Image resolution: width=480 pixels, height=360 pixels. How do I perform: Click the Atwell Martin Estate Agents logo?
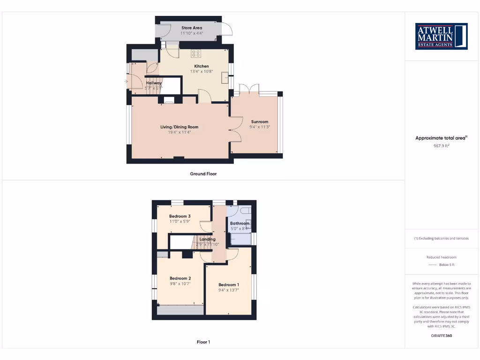(441, 36)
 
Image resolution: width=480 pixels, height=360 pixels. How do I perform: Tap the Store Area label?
(192, 28)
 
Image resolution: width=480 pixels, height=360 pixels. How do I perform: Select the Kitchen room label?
(202, 66)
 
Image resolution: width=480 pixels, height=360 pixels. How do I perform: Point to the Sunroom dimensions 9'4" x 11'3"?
(259, 127)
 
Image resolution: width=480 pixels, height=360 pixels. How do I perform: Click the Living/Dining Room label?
(180, 127)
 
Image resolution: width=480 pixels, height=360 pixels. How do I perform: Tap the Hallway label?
(154, 83)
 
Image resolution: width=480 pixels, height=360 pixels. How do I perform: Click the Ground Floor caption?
(203, 174)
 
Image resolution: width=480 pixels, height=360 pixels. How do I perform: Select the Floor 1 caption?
(203, 342)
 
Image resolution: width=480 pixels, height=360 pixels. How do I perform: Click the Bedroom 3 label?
(180, 216)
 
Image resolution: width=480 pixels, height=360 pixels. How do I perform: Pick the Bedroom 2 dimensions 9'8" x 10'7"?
(180, 284)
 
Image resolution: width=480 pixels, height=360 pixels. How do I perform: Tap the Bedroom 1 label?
(229, 285)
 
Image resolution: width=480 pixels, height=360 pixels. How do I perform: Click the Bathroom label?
(240, 224)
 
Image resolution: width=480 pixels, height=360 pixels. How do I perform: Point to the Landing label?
(208, 239)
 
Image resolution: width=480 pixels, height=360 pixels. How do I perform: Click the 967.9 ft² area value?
(441, 146)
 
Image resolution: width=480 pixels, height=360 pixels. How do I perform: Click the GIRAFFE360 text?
(441, 336)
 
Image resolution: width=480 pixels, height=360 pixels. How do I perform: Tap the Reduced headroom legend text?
(441, 257)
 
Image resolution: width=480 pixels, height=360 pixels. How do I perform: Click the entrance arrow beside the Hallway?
(126, 82)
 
